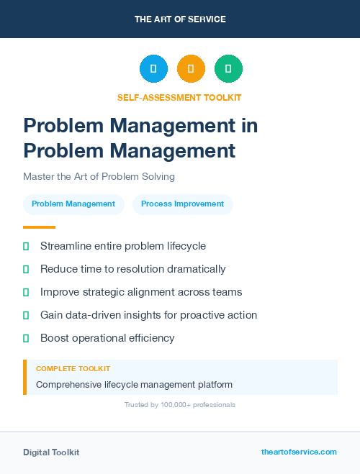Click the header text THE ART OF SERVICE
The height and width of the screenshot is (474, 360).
click(x=180, y=19)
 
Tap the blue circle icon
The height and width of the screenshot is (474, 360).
click(x=153, y=69)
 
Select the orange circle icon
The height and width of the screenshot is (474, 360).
click(x=191, y=69)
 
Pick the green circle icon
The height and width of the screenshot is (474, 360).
click(x=228, y=69)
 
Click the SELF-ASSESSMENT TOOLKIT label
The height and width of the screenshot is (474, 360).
click(x=180, y=97)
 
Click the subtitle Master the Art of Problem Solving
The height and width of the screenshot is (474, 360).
click(x=99, y=176)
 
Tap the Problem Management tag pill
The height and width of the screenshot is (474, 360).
click(x=73, y=204)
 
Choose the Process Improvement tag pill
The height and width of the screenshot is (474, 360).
click(x=182, y=204)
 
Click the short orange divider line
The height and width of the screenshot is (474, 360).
click(x=39, y=227)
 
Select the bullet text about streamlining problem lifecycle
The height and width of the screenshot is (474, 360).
click(x=123, y=246)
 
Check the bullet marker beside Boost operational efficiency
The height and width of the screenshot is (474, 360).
click(x=26, y=338)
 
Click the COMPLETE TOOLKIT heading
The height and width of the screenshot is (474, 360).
click(x=73, y=369)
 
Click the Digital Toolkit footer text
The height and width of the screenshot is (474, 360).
click(x=51, y=452)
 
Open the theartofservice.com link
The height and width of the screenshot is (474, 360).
click(x=299, y=452)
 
